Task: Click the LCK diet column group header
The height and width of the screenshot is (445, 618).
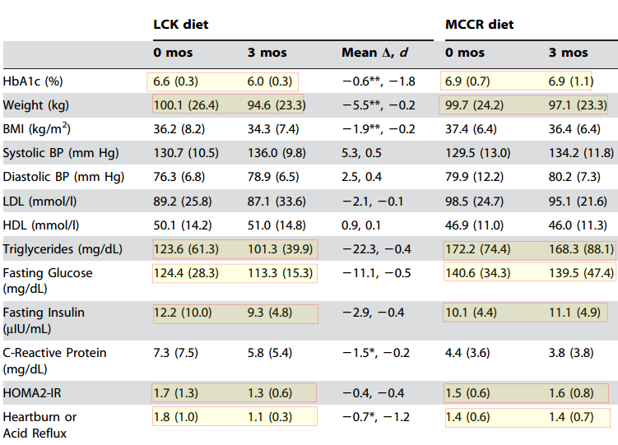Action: coord(181,25)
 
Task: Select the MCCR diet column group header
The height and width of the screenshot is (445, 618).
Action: coord(480,25)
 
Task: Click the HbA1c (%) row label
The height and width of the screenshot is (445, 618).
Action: coord(33,82)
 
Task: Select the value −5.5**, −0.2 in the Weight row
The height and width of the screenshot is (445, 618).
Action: coord(379,105)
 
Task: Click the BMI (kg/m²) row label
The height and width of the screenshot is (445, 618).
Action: coord(36,129)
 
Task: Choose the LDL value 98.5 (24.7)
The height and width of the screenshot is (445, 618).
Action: coord(478,201)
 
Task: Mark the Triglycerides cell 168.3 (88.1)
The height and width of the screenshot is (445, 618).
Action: coord(582,248)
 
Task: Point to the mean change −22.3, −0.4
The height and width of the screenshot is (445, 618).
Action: coord(376,248)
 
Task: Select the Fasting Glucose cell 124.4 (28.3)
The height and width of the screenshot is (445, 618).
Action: coord(188,273)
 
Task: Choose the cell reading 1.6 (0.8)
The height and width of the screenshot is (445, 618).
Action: coord(570,393)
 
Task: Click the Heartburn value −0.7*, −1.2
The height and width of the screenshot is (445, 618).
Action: coord(376,417)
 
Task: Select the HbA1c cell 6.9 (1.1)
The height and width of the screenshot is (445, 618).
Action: coord(570,82)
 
